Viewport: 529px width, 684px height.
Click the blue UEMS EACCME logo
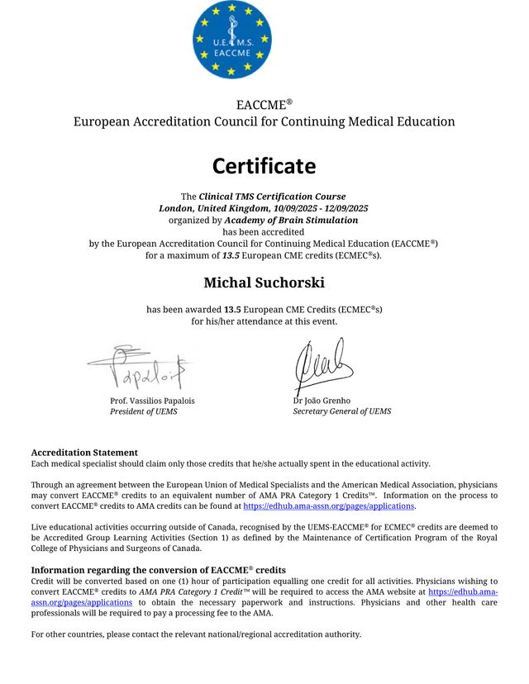coord(231,40)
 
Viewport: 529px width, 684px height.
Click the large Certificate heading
coord(264,166)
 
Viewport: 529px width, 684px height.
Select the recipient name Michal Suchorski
coord(264,283)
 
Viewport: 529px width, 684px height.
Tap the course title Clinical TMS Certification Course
coord(274,197)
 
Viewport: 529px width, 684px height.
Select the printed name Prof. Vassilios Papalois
coord(152,401)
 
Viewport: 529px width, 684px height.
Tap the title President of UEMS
coord(144,411)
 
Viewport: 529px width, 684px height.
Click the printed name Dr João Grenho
coord(322,401)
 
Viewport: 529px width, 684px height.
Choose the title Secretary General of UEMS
coord(342,411)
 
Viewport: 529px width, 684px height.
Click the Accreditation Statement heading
coord(84,453)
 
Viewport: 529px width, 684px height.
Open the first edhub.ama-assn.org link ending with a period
coord(328,506)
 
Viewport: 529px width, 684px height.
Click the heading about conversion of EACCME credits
coord(158,570)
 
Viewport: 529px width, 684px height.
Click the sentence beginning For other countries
coord(196,634)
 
